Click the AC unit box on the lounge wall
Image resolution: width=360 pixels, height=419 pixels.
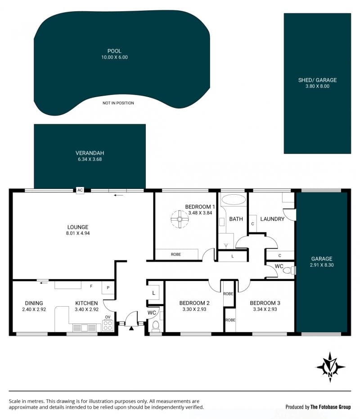[x=80, y=190]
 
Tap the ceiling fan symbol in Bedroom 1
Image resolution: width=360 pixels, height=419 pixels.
[x=180, y=219]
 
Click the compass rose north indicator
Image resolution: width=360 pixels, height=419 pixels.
[x=330, y=367]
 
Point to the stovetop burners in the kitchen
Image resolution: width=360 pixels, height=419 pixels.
[x=108, y=325]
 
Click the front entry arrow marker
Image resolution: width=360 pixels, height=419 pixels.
[x=131, y=328]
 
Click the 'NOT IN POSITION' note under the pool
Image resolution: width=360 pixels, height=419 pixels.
[x=118, y=103]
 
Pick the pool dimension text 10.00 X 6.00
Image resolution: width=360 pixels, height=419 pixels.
[x=114, y=57]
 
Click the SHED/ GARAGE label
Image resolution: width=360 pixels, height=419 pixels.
[x=317, y=80]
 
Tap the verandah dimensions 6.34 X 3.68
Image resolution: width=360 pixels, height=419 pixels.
[x=90, y=159]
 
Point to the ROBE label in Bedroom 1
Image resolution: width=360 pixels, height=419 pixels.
[x=175, y=254]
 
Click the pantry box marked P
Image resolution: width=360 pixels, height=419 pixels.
[x=108, y=288]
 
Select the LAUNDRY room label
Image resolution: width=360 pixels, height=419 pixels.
[x=272, y=219]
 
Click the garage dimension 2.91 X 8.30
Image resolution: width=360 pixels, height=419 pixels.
[x=322, y=265]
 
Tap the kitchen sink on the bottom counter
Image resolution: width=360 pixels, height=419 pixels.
[x=84, y=328]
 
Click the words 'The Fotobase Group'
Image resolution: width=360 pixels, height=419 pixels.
[x=331, y=407]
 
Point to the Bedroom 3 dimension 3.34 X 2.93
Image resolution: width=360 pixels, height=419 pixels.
[x=265, y=309]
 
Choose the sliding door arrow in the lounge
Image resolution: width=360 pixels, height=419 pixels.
[x=118, y=195]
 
